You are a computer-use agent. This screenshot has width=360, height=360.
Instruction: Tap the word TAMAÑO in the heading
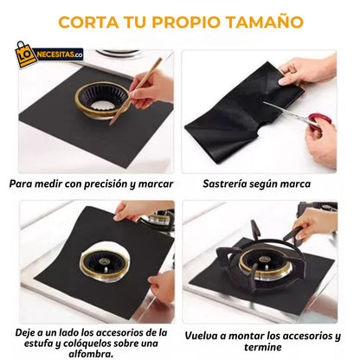[263, 21]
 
